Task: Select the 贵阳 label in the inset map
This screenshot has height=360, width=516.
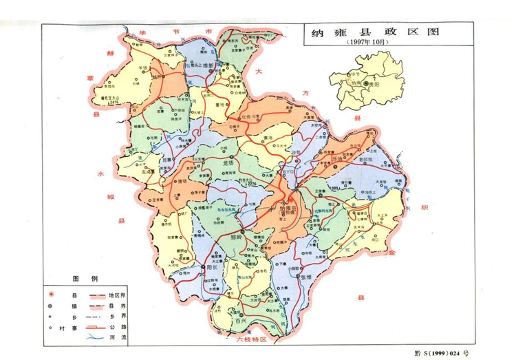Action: [376, 82]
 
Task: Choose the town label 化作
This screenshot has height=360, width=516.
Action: [249, 118]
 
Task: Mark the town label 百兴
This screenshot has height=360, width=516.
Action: [240, 321]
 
